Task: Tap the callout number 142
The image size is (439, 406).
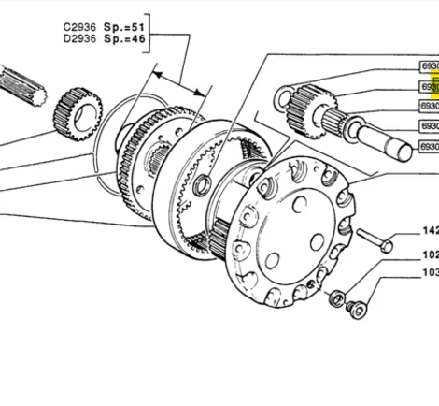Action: [x=429, y=230]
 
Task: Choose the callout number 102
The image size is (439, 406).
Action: [x=429, y=254]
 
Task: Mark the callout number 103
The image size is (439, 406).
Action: [x=429, y=272]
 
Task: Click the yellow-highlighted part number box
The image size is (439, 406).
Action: [x=429, y=87]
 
